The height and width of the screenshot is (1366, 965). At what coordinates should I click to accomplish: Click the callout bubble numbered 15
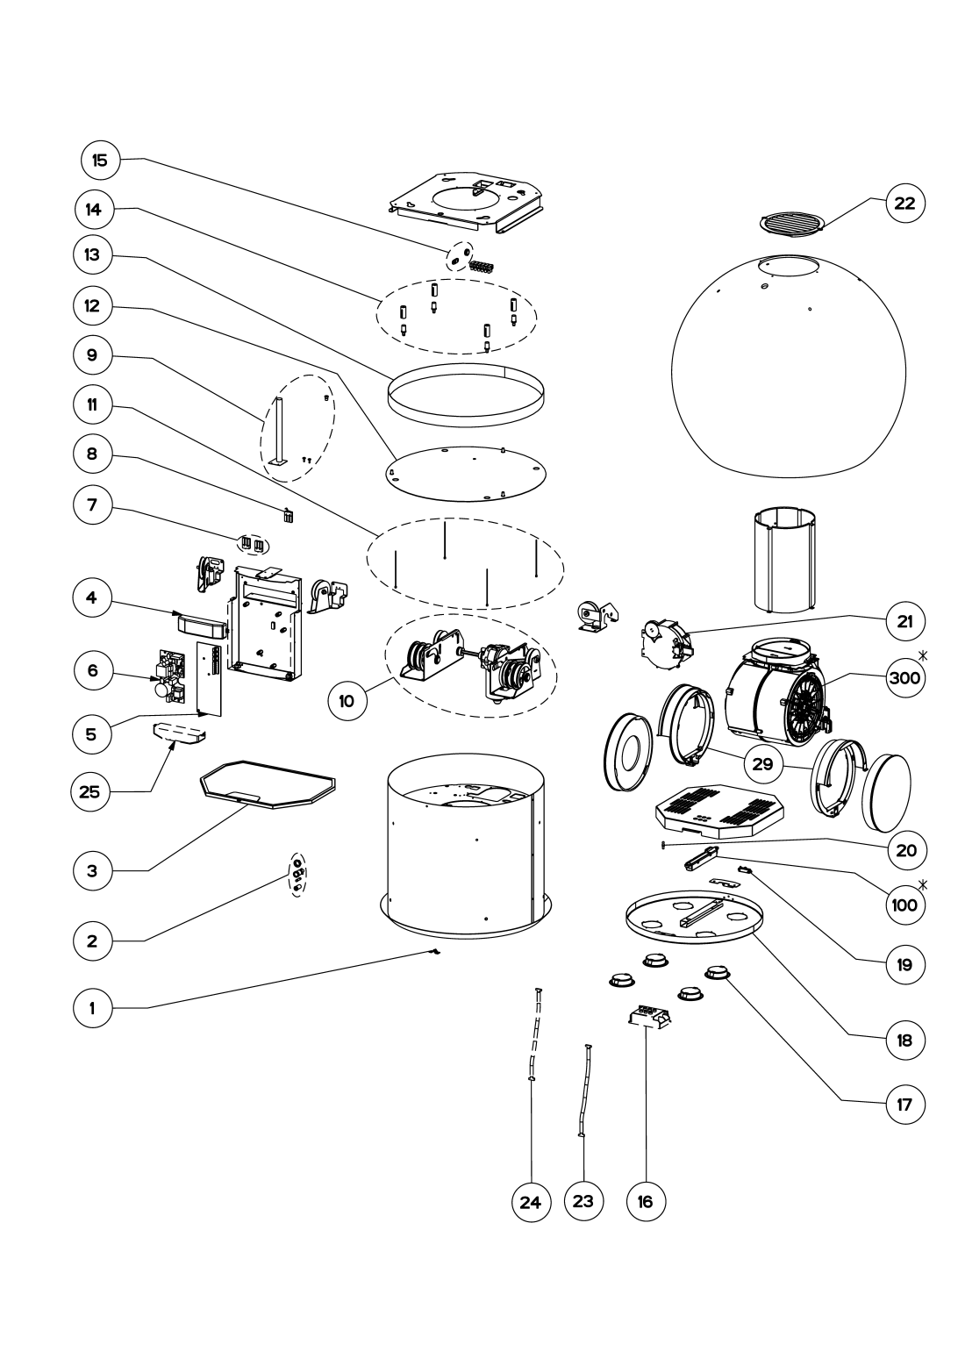tap(99, 161)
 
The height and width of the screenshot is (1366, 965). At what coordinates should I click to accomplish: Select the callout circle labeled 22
tap(904, 204)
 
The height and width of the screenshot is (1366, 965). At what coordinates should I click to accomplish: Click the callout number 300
tap(904, 678)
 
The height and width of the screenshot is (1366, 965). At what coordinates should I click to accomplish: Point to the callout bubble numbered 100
tap(904, 905)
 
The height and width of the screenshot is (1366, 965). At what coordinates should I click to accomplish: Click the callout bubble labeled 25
tap(91, 791)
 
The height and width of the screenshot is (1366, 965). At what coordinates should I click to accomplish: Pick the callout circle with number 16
tap(645, 1202)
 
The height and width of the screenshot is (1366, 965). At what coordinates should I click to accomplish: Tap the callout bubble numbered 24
tap(530, 1202)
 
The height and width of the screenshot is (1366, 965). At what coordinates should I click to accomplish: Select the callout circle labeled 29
tap(762, 763)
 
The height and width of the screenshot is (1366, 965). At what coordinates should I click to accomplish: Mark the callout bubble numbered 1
tap(91, 1008)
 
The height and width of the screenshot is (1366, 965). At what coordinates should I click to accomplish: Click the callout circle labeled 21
tap(904, 621)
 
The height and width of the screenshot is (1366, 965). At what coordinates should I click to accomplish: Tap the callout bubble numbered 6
tap(91, 671)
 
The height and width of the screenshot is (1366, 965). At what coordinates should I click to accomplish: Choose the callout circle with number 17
tap(904, 1105)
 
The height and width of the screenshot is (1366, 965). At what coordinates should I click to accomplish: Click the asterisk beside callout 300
tap(923, 655)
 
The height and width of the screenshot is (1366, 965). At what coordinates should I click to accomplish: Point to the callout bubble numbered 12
tap(91, 306)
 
